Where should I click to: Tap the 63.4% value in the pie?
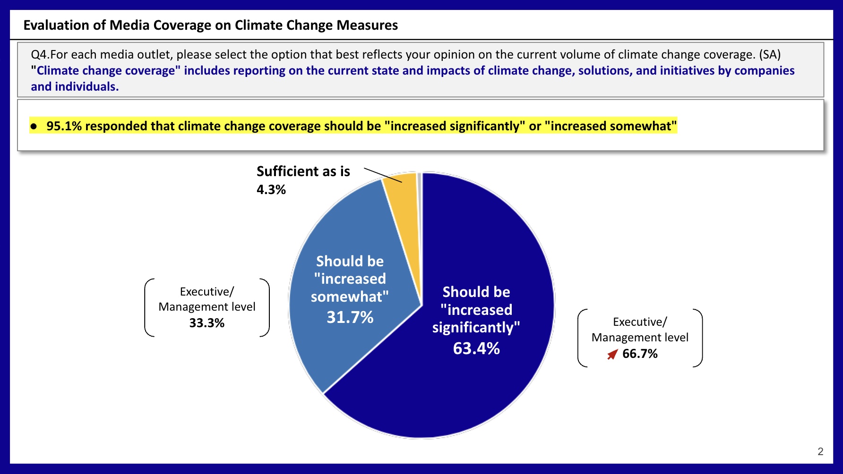[476, 348]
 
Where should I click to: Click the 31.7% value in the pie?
[350, 317]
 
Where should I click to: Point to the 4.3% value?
[271, 190]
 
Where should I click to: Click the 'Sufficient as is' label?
[303, 171]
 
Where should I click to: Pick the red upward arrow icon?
[612, 354]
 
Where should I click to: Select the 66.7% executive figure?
[640, 354]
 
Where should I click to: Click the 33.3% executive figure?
[207, 323]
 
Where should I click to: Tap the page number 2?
[820, 451]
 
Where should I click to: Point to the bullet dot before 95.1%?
[34, 127]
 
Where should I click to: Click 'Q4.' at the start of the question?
[40, 55]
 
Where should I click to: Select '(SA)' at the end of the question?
[770, 55]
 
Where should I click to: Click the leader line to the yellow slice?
[383, 175]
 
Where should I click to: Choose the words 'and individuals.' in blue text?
[75, 87]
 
